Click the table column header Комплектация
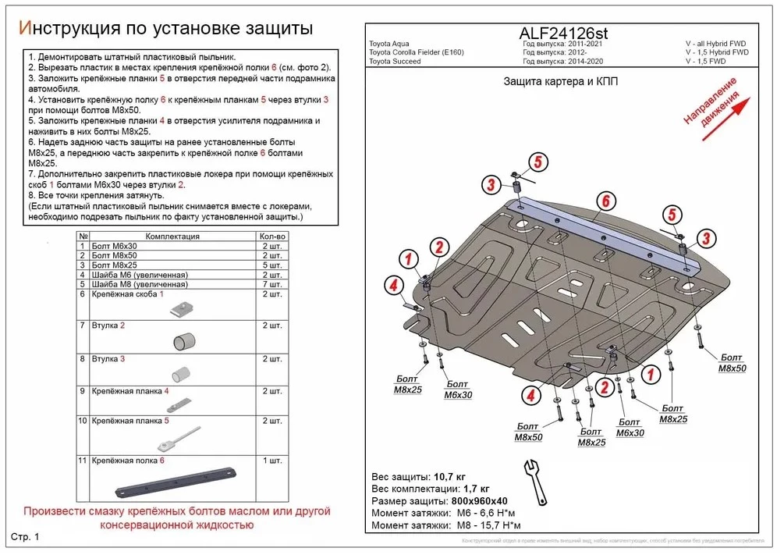[172, 237]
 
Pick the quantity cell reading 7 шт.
[271, 284]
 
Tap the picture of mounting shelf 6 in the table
[176, 482]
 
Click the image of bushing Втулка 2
[184, 340]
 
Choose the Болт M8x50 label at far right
[732, 363]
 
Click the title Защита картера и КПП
[560, 83]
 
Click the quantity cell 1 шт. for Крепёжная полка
[271, 461]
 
